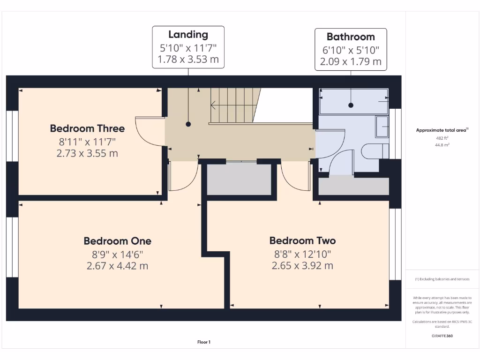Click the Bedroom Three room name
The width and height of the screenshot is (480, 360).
point(87,128)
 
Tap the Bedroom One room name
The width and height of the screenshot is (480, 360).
point(117,241)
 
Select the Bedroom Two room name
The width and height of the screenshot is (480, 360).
point(302,241)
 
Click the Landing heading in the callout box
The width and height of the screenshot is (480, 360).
point(188,34)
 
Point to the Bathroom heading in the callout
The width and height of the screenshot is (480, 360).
point(351,37)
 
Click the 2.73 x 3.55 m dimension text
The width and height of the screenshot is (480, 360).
point(87,153)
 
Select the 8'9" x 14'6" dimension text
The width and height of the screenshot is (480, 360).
point(117,254)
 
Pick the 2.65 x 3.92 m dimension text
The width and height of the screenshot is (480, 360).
point(302,266)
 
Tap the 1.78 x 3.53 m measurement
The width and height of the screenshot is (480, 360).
point(188,60)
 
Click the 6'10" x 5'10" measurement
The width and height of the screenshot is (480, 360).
point(351,49)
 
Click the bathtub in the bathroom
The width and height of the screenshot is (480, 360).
point(354,101)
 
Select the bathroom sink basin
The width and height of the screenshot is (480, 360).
point(382,127)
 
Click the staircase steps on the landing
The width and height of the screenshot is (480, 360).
point(234,105)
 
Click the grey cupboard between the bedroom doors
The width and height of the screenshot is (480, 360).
point(240,180)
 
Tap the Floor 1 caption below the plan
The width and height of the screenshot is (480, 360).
point(204,342)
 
